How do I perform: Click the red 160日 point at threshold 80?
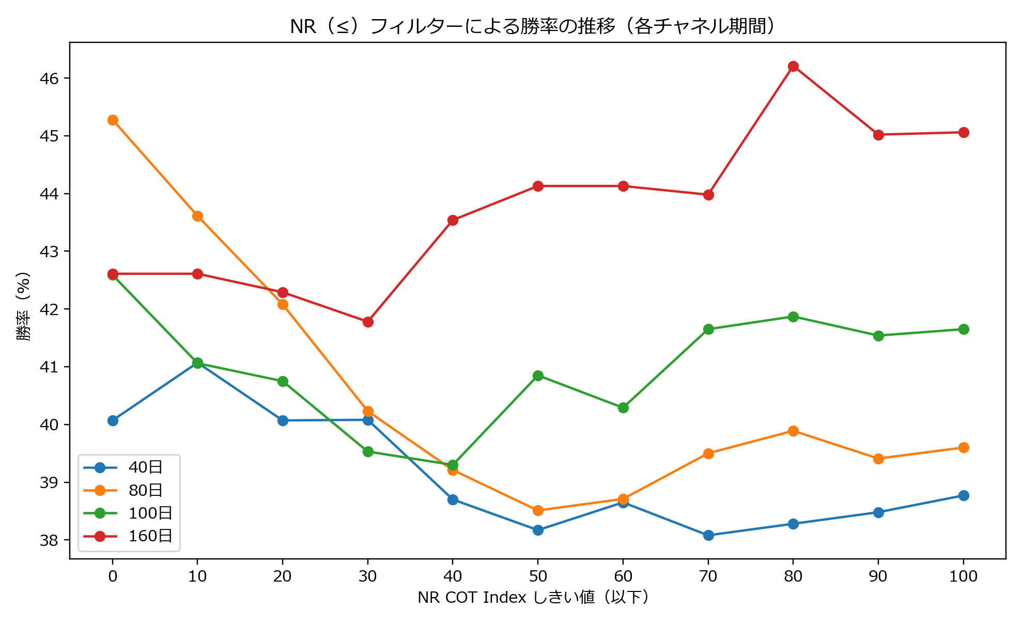tap(793, 67)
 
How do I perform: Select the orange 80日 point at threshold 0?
tap(113, 120)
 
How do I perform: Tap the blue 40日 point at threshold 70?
tap(708, 535)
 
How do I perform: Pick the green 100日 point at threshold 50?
tap(538, 376)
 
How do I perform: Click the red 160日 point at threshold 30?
tap(368, 322)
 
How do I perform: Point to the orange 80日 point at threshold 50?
tap(538, 510)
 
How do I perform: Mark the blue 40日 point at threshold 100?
tap(964, 495)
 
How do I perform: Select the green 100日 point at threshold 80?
tap(793, 317)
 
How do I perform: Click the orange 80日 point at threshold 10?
tap(197, 216)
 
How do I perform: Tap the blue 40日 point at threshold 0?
tap(113, 420)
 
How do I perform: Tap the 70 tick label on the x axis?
tap(708, 576)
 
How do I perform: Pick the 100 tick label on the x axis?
tap(964, 576)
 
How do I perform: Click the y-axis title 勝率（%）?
tap(24, 306)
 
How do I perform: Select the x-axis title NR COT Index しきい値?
tap(533, 598)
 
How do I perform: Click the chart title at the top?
tap(533, 26)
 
